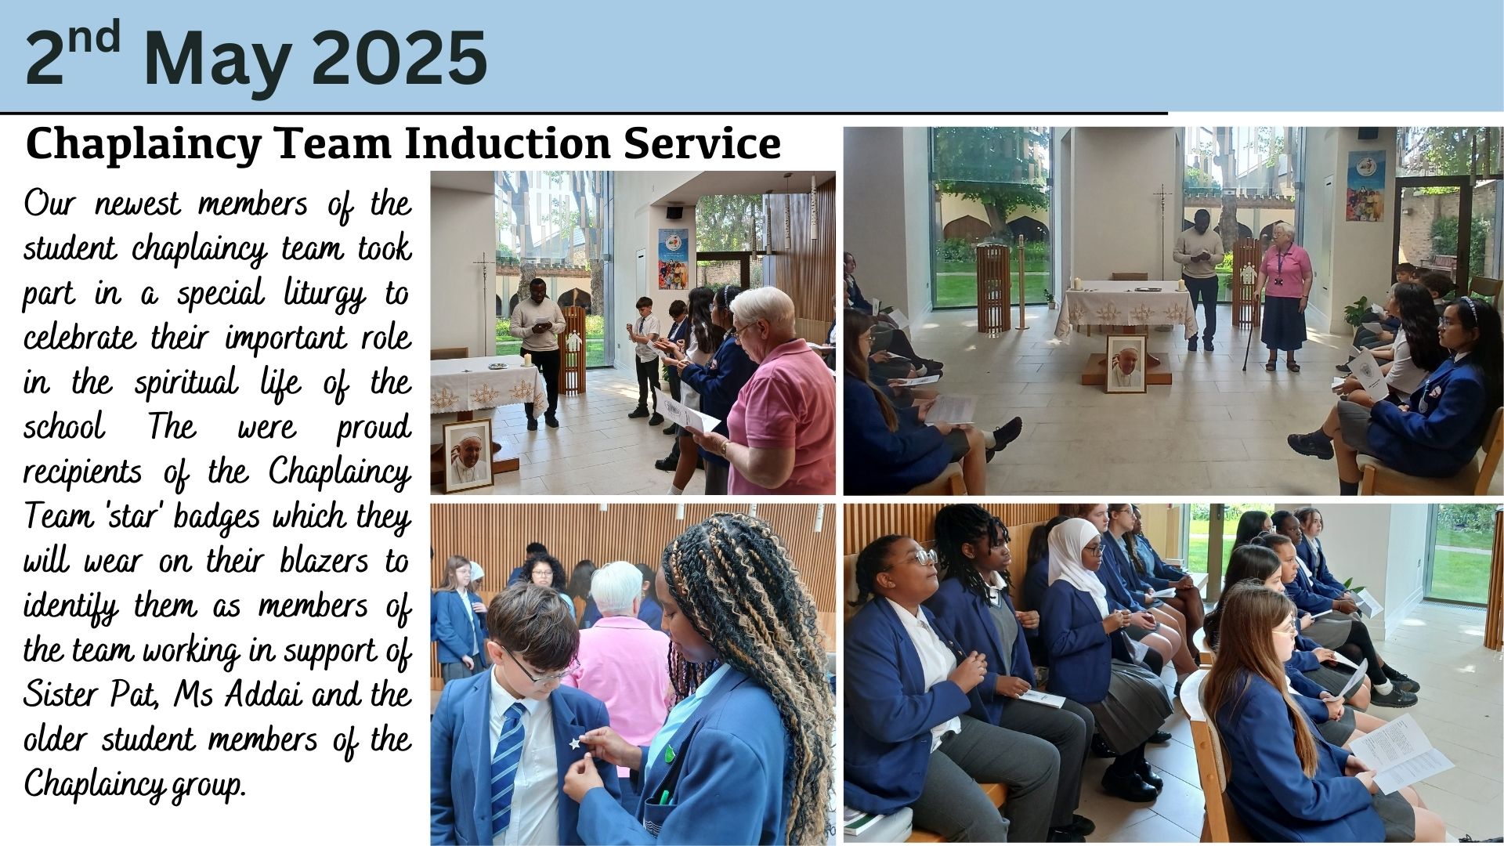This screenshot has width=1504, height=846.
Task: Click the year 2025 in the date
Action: point(399,59)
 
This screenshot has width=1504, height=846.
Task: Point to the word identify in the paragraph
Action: point(71,607)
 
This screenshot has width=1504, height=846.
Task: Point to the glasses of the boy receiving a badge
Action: point(537,668)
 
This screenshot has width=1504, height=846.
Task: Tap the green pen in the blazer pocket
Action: point(663,797)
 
